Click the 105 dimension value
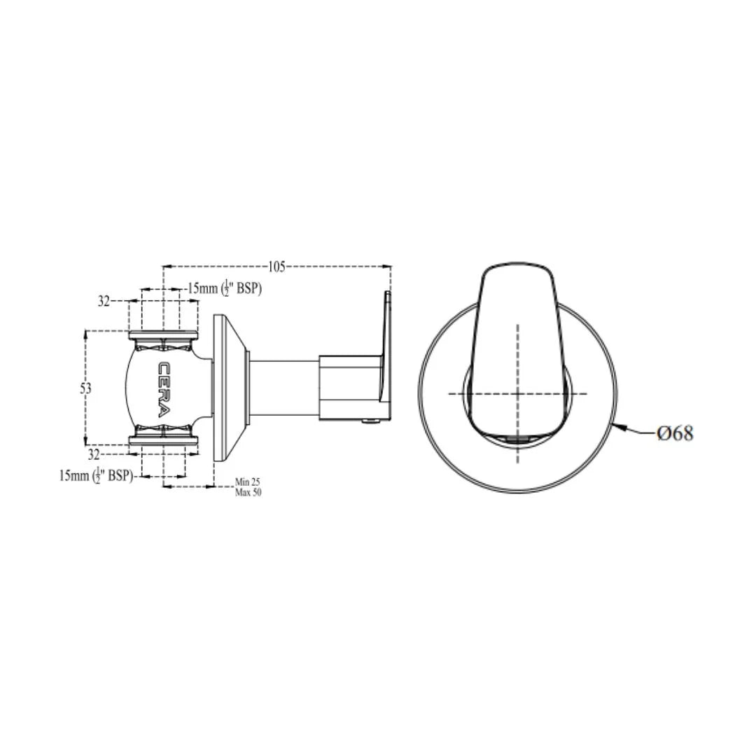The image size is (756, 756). (276, 266)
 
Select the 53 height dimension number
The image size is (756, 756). (85, 388)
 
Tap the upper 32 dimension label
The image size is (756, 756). (104, 301)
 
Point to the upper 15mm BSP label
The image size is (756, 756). (224, 288)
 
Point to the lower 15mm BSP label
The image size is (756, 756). (96, 475)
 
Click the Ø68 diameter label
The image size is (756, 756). (675, 433)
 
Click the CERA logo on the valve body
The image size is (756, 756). (163, 388)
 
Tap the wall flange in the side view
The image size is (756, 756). (227, 388)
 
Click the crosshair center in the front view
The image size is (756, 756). (517, 393)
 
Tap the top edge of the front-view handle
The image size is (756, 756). (517, 263)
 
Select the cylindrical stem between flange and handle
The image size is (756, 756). (283, 388)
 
